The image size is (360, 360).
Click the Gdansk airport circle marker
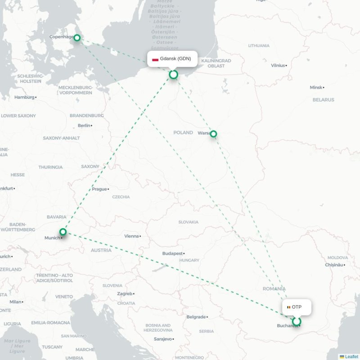click(x=173, y=74)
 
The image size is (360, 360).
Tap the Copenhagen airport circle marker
click(x=77, y=38)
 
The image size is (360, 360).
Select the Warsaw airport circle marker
click(x=213, y=134)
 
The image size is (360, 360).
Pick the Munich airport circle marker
click(x=63, y=232)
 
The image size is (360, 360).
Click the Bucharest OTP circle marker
click(x=296, y=321)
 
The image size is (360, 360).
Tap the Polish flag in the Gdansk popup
click(x=155, y=59)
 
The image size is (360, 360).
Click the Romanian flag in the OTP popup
click(x=288, y=307)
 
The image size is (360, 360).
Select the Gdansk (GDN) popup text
click(x=175, y=58)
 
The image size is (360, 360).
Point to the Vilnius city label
click(x=278, y=65)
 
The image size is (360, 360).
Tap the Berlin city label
click(x=84, y=126)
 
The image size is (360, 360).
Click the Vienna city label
click(x=131, y=236)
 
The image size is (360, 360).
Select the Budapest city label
click(x=173, y=254)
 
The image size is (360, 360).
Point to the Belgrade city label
click(x=196, y=317)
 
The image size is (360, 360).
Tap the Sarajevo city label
click(x=162, y=339)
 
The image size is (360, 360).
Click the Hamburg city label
click(x=24, y=97)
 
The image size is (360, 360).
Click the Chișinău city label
click(x=334, y=265)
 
